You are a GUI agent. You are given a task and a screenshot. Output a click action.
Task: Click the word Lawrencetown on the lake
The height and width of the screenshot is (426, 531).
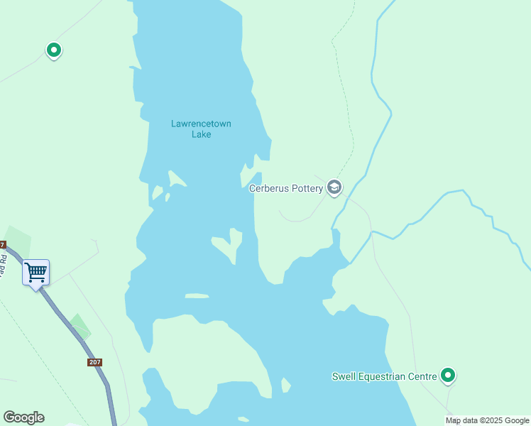201,124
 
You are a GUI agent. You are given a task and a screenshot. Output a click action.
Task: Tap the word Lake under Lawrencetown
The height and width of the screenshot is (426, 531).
202,134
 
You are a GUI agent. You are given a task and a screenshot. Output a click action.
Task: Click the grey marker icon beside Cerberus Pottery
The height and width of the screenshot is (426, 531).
334,187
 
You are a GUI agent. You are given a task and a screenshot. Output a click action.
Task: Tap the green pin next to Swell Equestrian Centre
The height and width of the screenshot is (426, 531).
448,375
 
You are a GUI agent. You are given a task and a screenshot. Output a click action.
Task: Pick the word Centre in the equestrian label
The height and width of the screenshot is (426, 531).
422,376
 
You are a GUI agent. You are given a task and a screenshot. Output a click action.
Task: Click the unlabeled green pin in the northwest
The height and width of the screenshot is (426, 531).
53,50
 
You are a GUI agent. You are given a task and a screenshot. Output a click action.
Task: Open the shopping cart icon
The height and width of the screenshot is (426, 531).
35,271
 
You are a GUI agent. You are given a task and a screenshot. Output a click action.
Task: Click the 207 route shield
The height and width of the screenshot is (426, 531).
95,362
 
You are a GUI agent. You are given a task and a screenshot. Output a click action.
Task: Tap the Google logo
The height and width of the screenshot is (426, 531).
23,417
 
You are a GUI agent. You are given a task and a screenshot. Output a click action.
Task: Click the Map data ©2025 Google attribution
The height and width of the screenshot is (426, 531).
487,421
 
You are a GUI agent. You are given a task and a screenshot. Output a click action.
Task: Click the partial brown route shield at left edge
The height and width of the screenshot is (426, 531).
2,245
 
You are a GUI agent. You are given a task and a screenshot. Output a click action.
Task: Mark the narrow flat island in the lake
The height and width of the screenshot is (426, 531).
197,295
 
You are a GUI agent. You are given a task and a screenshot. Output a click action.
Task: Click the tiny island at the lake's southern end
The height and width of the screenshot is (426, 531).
285,386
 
